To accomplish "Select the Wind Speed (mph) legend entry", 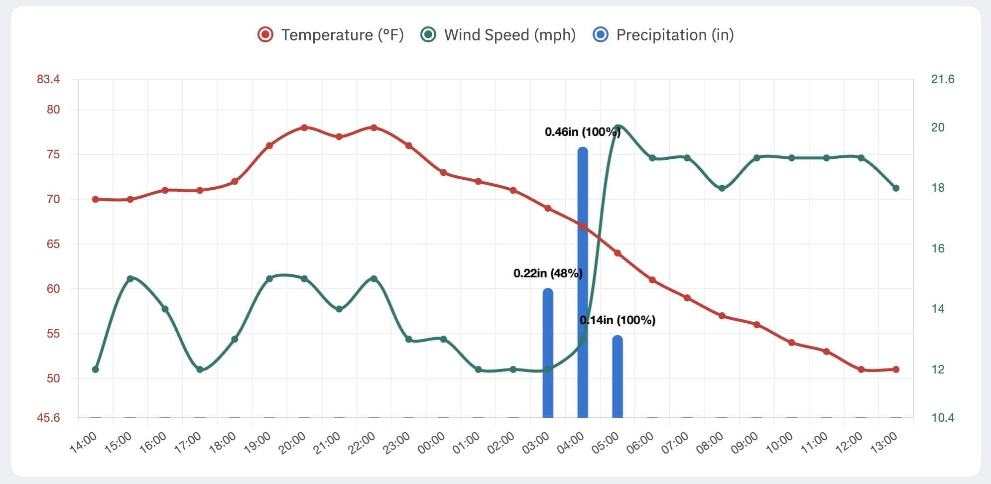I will click(x=498, y=35).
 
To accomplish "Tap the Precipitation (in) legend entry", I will click(x=663, y=35).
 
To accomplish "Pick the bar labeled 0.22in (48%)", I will click(x=548, y=354).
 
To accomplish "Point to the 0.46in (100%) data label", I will click(x=582, y=132).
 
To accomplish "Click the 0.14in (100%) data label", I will click(x=618, y=320).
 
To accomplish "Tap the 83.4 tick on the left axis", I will click(x=48, y=79).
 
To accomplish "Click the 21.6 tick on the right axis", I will click(x=943, y=79).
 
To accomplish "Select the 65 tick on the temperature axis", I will click(x=53, y=244).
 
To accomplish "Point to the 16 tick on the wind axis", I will click(x=938, y=248).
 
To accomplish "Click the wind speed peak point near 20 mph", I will click(x=618, y=128).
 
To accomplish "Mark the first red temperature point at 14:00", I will click(x=96, y=199).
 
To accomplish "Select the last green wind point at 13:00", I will click(x=896, y=188).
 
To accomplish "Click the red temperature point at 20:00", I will click(x=304, y=127).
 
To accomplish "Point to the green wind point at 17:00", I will click(x=200, y=369).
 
